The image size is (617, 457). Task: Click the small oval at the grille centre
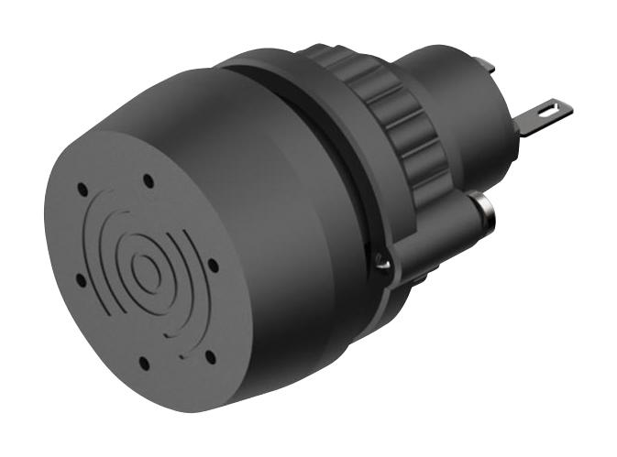click(x=145, y=268)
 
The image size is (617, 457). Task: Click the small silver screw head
click(x=384, y=263)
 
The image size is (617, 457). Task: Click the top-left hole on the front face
click(x=83, y=189)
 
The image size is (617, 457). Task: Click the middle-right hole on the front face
click(x=213, y=266)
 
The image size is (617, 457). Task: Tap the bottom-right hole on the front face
click(x=210, y=354)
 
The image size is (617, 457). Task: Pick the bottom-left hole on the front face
click(x=144, y=364)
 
